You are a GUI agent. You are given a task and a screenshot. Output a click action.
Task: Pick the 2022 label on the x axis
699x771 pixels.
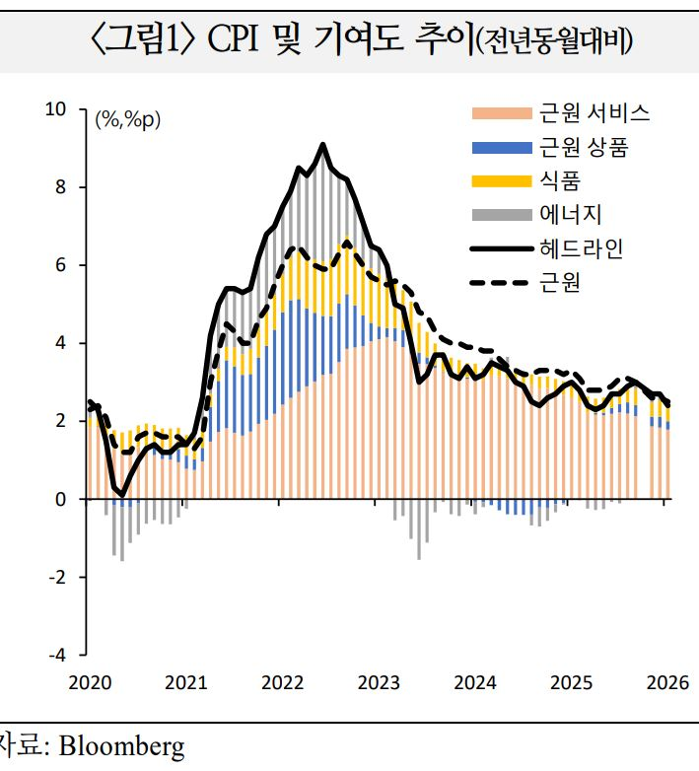point(283,682)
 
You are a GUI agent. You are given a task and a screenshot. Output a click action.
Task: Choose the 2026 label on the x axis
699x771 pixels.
point(667,682)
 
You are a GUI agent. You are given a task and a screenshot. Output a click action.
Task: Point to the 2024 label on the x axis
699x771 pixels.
point(476,682)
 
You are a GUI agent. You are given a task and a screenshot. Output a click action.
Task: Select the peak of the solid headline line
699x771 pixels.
point(322,145)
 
